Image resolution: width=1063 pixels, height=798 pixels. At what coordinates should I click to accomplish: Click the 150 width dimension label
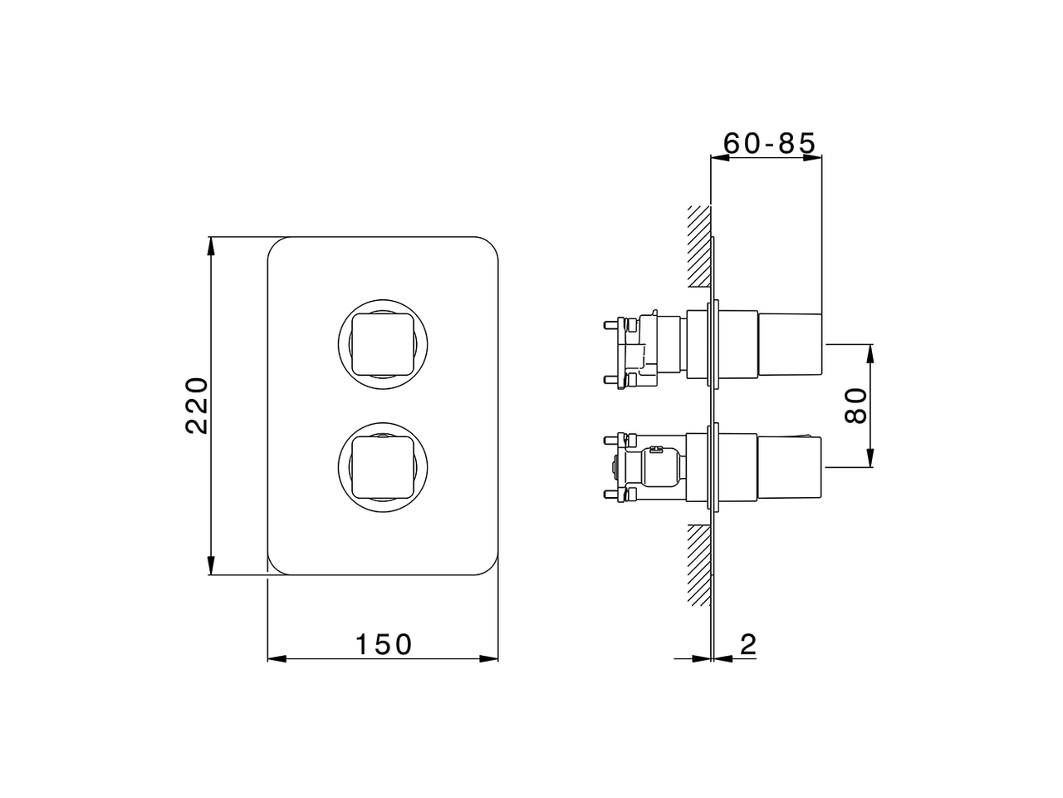point(383,644)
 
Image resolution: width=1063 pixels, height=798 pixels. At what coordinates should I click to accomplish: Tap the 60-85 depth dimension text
point(769,143)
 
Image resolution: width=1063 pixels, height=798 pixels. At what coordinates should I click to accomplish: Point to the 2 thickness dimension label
point(748,644)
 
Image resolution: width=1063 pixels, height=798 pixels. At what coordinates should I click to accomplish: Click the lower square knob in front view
point(383,466)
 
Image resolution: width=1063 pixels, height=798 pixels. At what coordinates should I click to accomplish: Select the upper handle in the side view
point(789,343)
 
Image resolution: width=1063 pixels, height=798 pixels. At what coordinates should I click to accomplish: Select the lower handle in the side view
point(789,466)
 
